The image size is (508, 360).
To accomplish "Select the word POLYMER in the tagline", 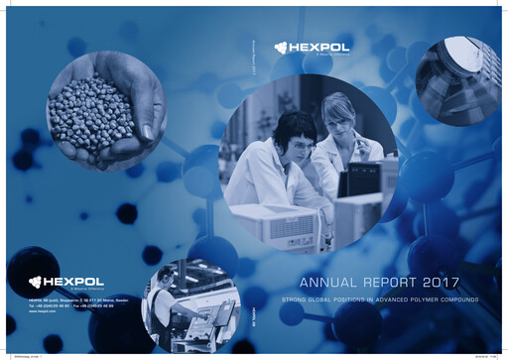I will coord(421,299).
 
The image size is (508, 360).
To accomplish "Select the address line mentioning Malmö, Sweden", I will coord(74,299).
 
